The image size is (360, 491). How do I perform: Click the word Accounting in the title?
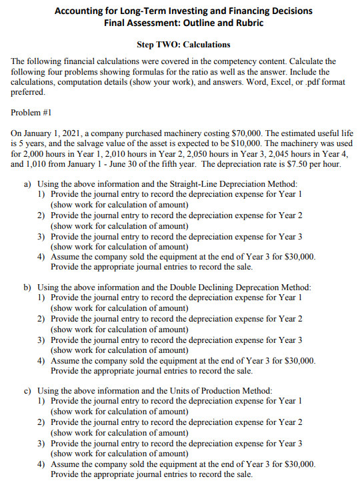point(78,11)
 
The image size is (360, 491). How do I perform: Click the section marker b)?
point(28,288)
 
